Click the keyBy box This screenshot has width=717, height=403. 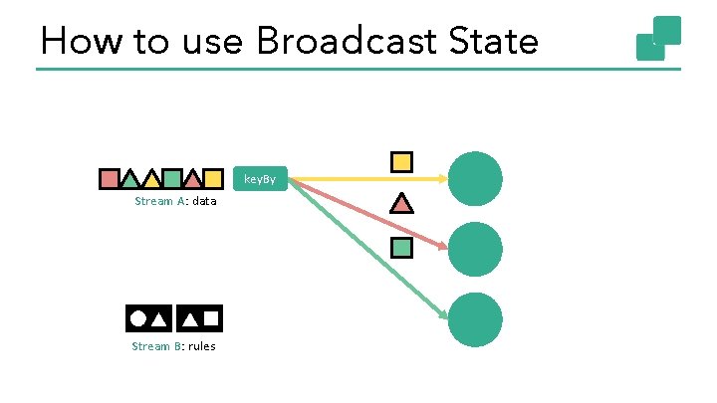pos(261,179)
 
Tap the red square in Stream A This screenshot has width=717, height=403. pos(110,179)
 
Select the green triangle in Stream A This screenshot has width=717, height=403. pos(129,180)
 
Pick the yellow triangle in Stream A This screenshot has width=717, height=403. pos(151,180)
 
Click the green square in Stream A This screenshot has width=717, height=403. pos(171,179)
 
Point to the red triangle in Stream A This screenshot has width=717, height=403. pos(192,180)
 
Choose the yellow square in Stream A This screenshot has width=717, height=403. pos(212,179)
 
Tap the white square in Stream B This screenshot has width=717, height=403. pos(211,318)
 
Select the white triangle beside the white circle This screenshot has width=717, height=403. pos(159,319)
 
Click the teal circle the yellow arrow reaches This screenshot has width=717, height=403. pos(475,179)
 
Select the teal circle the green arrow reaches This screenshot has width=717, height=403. pos(475,318)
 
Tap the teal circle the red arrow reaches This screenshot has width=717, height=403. pos(475,249)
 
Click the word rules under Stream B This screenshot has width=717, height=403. pos(199,346)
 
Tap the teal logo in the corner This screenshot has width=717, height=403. pos(658,38)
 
